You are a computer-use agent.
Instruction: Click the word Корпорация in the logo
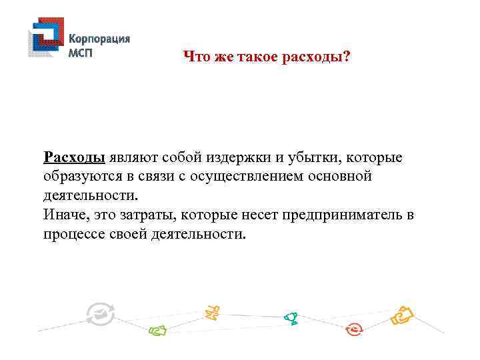(x=99, y=39)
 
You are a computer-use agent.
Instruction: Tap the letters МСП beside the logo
(x=81, y=53)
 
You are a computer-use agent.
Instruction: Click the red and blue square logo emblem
(x=45, y=39)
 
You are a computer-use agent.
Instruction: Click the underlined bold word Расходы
(x=74, y=158)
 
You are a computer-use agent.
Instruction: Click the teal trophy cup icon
(x=291, y=319)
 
